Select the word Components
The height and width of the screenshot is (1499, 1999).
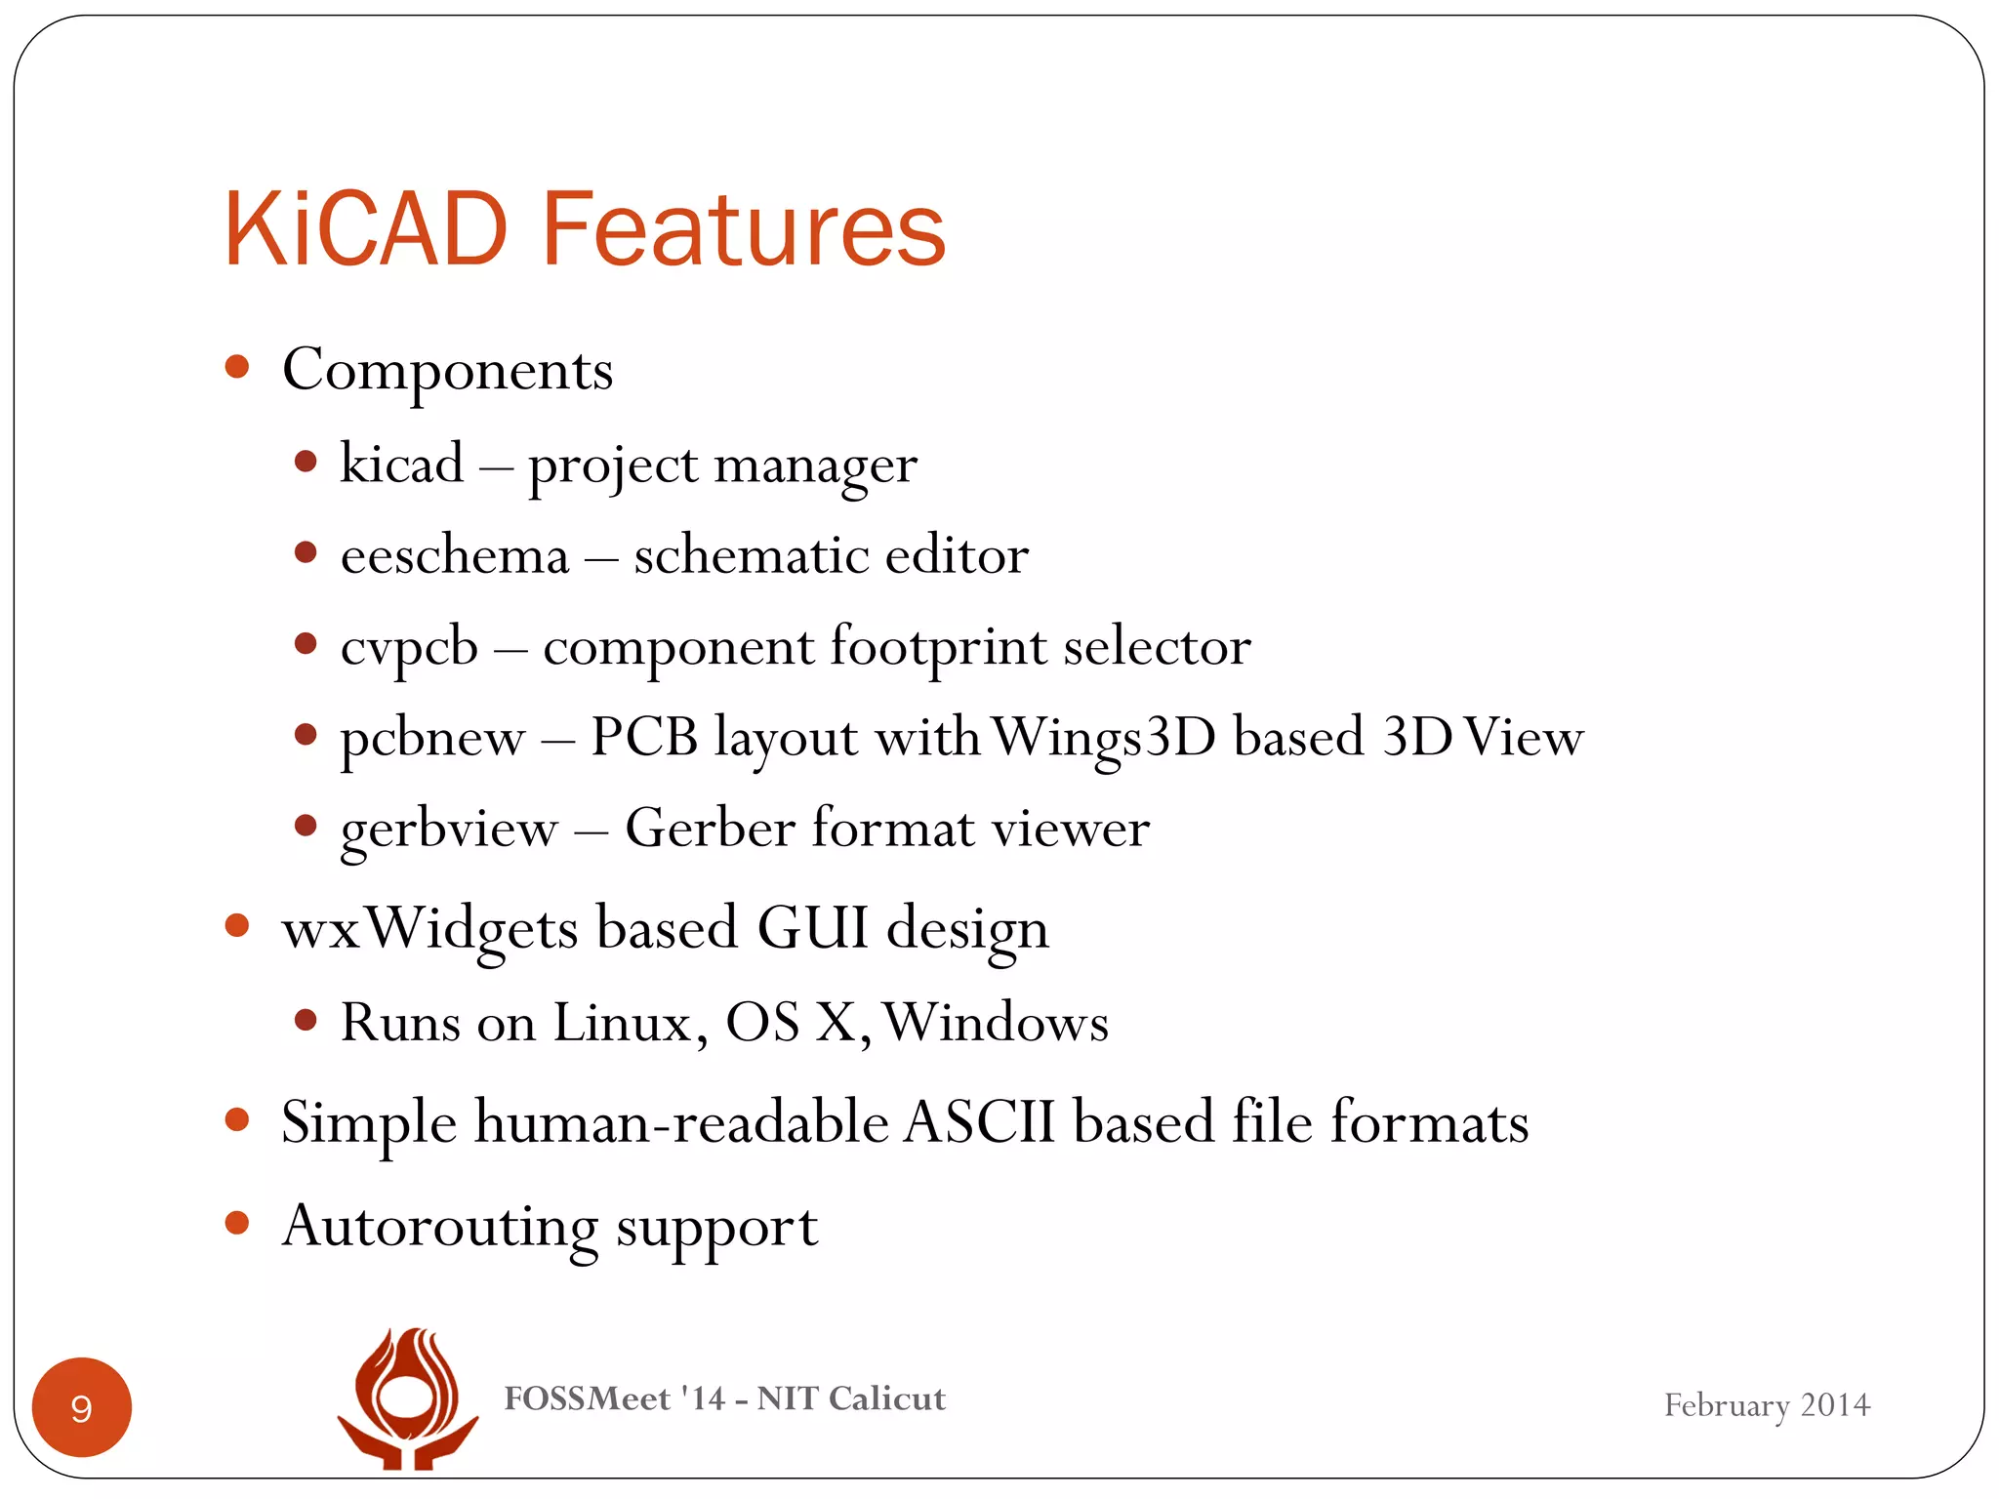(447, 371)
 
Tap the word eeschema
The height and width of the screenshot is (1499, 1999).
(454, 556)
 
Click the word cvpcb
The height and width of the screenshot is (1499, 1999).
(409, 648)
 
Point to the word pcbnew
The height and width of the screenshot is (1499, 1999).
(431, 739)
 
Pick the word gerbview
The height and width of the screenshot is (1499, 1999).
(449, 831)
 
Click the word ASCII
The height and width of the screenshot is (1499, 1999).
(979, 1122)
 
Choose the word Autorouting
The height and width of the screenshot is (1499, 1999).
(439, 1227)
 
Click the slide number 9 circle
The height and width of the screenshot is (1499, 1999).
(82, 1407)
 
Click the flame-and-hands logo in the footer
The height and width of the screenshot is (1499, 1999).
(408, 1398)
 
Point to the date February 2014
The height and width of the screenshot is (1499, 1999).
(1766, 1405)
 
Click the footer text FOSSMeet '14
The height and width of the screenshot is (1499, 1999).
(614, 1398)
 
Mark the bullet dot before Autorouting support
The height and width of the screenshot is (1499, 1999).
(237, 1222)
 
